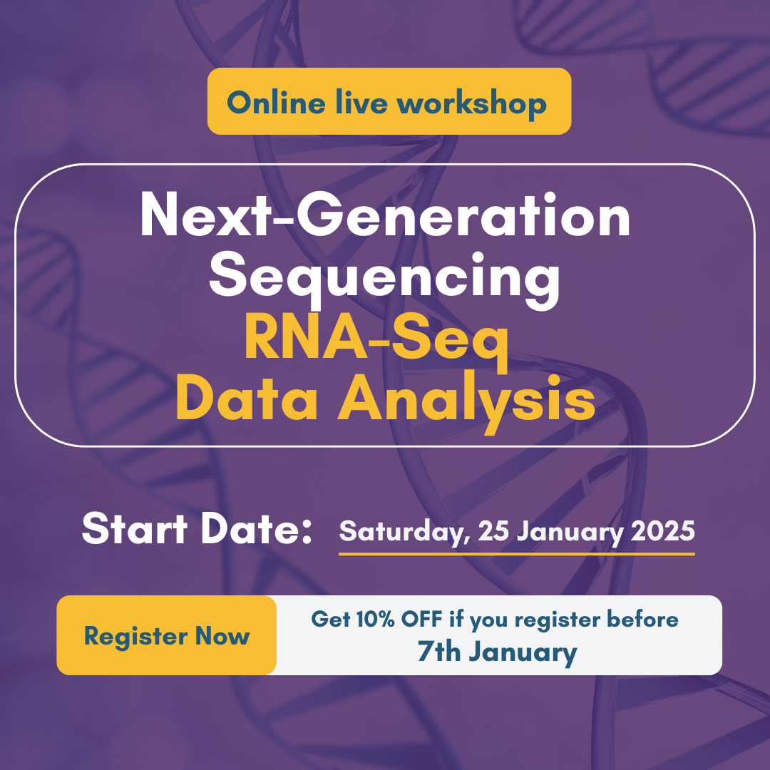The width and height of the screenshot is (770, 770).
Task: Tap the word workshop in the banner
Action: [x=471, y=104]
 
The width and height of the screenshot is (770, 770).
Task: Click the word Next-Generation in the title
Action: [x=385, y=215]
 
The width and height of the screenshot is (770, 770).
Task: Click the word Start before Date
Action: [x=135, y=529]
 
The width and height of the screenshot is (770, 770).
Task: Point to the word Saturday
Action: [x=401, y=532]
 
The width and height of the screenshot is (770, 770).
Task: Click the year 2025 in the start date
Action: [x=663, y=530]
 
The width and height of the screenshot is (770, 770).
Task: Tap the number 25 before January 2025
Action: [x=493, y=530]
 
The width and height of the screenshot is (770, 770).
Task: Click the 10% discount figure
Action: [x=375, y=619]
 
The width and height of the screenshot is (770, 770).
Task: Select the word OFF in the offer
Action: [x=421, y=619]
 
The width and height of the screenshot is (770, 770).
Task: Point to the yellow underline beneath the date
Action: [x=517, y=554]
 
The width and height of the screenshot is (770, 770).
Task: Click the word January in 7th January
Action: [x=523, y=654]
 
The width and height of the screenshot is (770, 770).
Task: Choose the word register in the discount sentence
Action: [x=557, y=621]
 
